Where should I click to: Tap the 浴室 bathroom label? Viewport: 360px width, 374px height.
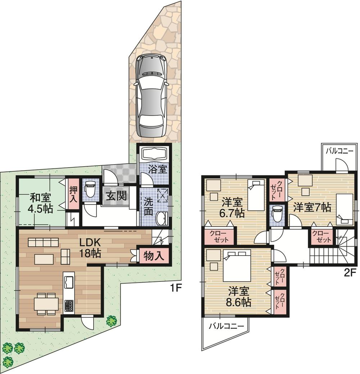coord(158,169)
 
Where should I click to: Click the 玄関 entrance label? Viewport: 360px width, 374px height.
coord(116,196)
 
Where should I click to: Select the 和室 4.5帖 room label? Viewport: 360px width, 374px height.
coord(40,203)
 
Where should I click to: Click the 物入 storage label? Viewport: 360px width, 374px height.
coord(154,256)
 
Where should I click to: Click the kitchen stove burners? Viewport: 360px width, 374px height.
coord(69,306)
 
